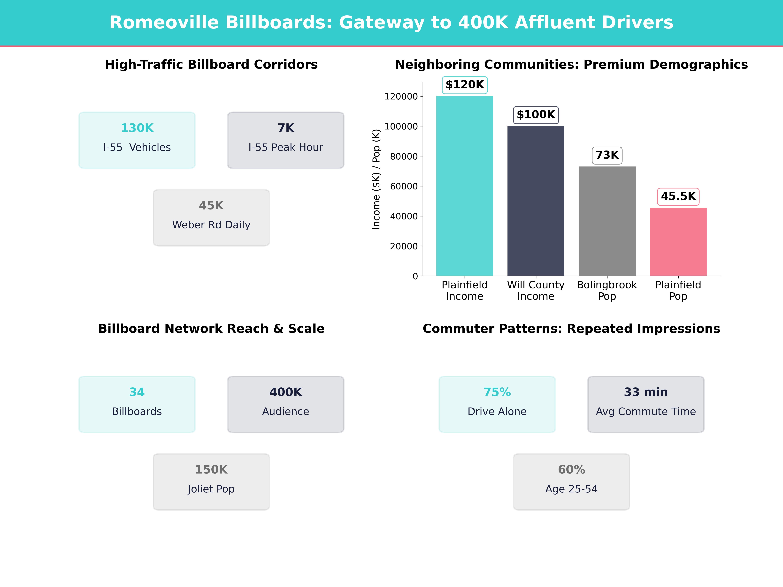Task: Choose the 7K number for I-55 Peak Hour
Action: tap(286, 128)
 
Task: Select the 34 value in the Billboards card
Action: tap(137, 392)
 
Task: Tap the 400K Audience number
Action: tap(286, 392)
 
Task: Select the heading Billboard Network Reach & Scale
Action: tap(211, 329)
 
